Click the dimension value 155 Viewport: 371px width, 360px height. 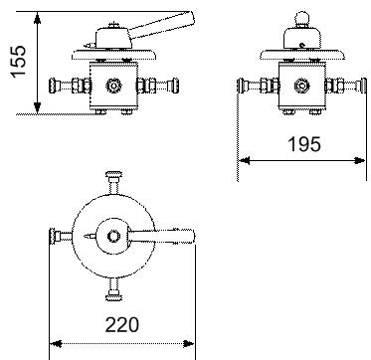[x=18, y=62]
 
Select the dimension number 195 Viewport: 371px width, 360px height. [x=304, y=144]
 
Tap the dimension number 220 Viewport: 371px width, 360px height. [x=121, y=324]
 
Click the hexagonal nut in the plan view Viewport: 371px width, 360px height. [x=113, y=237]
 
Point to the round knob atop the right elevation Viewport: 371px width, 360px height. [x=301, y=19]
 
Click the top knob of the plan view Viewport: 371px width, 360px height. [x=113, y=175]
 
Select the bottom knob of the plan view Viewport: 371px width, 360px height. [x=113, y=295]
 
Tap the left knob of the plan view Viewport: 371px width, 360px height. [x=53, y=237]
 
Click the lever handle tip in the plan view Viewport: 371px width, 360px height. [x=193, y=236]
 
